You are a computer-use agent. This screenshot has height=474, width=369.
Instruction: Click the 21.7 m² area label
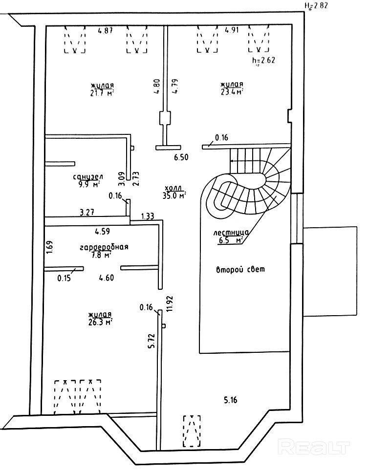pyautogui.click(x=102, y=92)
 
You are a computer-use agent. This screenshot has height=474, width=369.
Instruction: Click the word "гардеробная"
pyautogui.click(x=104, y=247)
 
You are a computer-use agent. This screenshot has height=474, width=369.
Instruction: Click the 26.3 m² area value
pyautogui.click(x=101, y=322)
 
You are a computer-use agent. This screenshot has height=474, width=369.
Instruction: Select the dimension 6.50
pyautogui.click(x=181, y=157)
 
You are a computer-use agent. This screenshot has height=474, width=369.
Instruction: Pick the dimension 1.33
pyautogui.click(x=148, y=215)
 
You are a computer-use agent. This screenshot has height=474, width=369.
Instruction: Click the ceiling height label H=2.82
pyautogui.click(x=315, y=6)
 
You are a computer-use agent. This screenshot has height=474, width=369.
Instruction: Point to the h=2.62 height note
pyautogui.click(x=263, y=61)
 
